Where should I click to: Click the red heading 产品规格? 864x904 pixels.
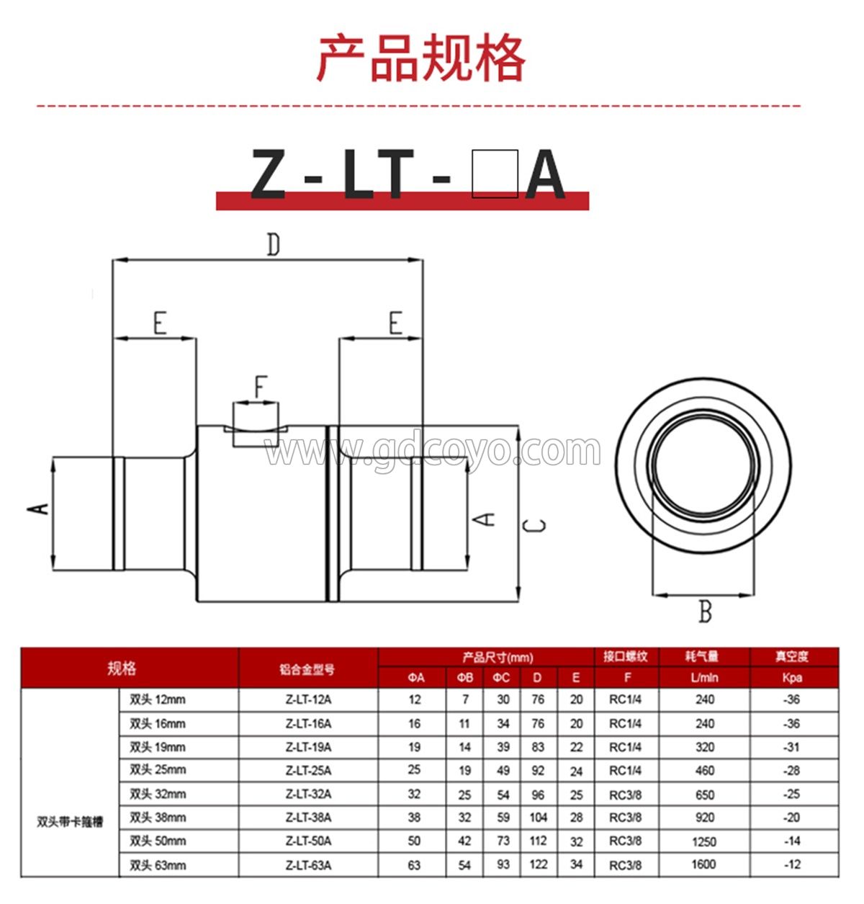pyautogui.click(x=421, y=58)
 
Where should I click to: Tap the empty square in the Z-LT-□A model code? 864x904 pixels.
pyautogui.click(x=495, y=174)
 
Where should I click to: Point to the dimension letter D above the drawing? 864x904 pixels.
pyautogui.click(x=273, y=245)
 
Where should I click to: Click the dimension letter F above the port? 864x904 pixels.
pyautogui.click(x=260, y=388)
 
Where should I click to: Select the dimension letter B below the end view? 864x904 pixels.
pyautogui.click(x=705, y=612)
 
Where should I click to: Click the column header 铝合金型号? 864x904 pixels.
pyautogui.click(x=307, y=669)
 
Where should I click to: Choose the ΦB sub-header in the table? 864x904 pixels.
pyautogui.click(x=465, y=677)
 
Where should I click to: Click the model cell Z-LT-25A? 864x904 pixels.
pyautogui.click(x=308, y=770)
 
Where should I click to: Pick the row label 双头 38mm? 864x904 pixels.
pyautogui.click(x=158, y=818)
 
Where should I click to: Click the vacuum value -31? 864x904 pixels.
pyautogui.click(x=792, y=747)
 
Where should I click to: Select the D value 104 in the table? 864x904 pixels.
pyautogui.click(x=538, y=818)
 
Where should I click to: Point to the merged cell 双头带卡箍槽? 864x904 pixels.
pyautogui.click(x=70, y=822)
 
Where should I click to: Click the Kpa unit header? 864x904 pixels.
pyautogui.click(x=792, y=677)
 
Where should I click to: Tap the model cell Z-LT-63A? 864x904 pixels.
pyautogui.click(x=308, y=865)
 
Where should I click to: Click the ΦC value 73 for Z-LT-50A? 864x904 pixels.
pyautogui.click(x=503, y=841)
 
